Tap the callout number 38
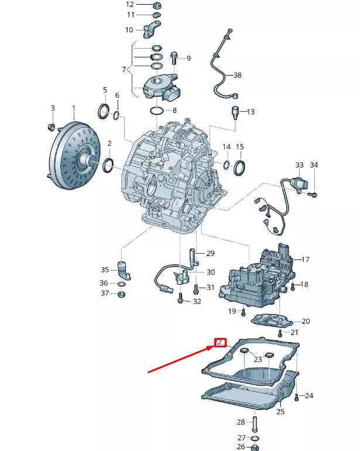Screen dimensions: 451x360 point(237,76)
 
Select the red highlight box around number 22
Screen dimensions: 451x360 point(219,342)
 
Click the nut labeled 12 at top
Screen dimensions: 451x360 point(157,6)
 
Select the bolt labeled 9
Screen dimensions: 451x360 point(174,57)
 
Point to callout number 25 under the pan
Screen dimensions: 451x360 point(280,412)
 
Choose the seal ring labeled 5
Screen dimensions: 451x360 point(104,110)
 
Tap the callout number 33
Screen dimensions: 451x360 point(299,165)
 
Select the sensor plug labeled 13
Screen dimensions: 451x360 point(235,112)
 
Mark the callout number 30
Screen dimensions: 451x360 point(211,272)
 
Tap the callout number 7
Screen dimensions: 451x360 point(124,70)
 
